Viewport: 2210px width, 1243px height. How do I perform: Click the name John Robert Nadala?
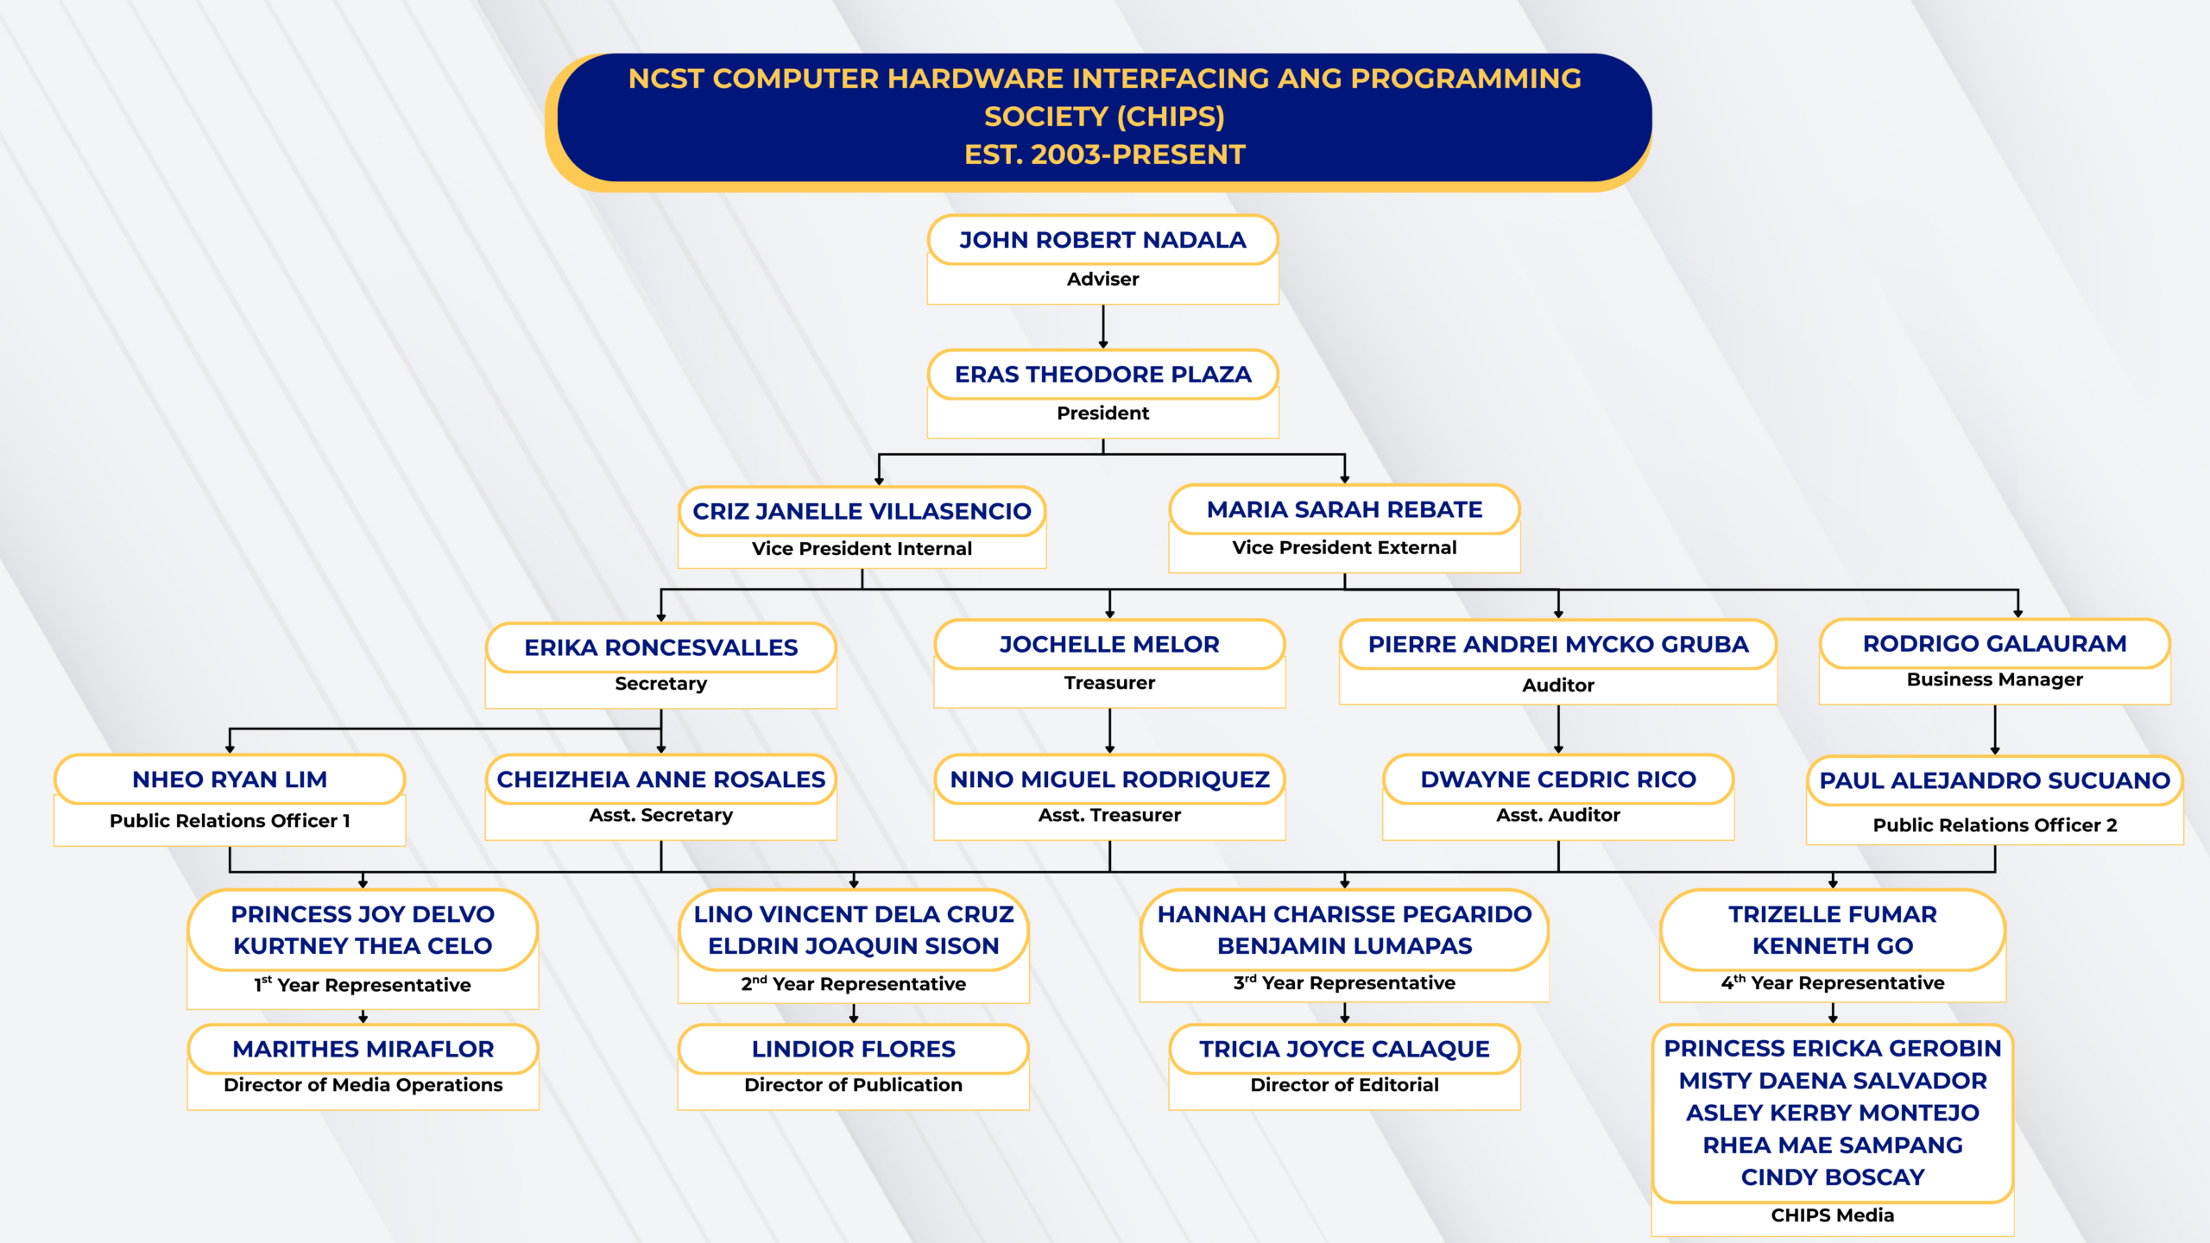click(1102, 240)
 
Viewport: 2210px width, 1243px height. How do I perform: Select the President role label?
click(1102, 413)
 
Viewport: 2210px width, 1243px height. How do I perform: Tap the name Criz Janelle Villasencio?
click(862, 511)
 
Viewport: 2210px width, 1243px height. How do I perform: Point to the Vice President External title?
click(1344, 548)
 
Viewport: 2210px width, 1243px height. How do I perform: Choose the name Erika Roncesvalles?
click(660, 647)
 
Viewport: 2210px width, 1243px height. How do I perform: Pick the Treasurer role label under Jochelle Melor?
click(1109, 683)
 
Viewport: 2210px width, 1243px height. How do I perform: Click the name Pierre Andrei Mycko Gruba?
click(1557, 644)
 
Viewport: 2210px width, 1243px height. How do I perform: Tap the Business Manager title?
click(1994, 680)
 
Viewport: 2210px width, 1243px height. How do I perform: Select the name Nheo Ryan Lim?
click(230, 779)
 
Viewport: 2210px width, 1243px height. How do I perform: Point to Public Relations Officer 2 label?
click(1994, 825)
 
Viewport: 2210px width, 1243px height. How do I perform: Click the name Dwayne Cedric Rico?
click(1557, 779)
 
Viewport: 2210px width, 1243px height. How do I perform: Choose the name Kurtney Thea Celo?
click(363, 946)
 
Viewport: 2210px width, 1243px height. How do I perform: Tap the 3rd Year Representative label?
click(1344, 983)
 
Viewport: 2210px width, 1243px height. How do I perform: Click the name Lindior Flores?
click(853, 1049)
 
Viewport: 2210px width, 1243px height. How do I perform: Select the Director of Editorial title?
click(1344, 1085)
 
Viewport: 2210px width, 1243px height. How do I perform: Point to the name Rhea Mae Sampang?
click(1832, 1145)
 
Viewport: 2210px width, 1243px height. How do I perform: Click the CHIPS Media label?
click(1832, 1215)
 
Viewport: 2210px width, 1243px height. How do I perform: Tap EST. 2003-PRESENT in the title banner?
click(1104, 155)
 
